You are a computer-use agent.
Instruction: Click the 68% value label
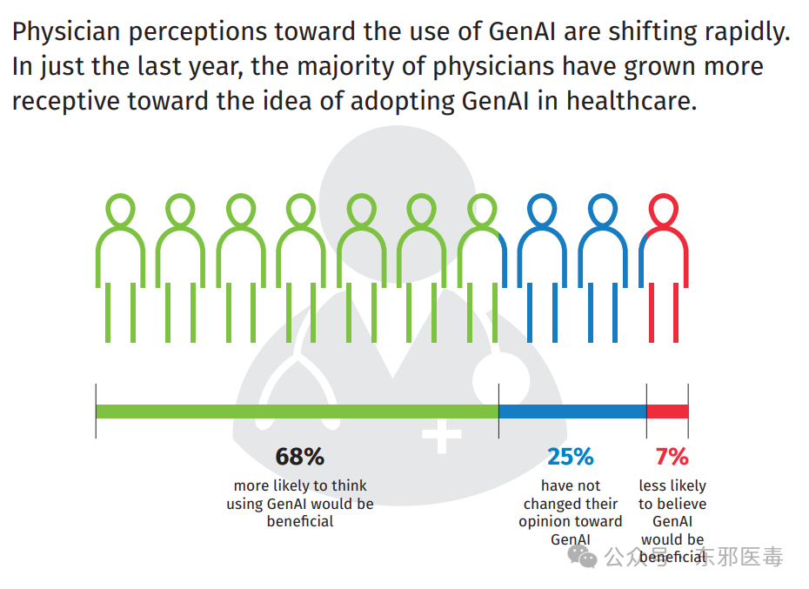pyautogui.click(x=299, y=457)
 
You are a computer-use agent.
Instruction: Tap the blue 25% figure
pyautogui.click(x=570, y=457)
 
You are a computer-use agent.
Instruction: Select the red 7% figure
pyautogui.click(x=672, y=457)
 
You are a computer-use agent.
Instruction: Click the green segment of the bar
pyautogui.click(x=296, y=412)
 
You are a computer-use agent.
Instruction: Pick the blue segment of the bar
pyautogui.click(x=572, y=412)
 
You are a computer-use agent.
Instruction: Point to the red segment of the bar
pyautogui.click(x=667, y=412)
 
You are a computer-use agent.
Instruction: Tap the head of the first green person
pyautogui.click(x=121, y=210)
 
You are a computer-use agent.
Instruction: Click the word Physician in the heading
pyautogui.click(x=66, y=34)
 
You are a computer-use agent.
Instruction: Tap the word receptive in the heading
pyautogui.click(x=66, y=101)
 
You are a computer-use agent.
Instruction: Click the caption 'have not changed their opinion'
pyautogui.click(x=570, y=512)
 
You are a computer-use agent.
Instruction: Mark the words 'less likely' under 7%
pyautogui.click(x=672, y=485)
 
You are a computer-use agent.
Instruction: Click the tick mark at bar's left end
pyautogui.click(x=96, y=411)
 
